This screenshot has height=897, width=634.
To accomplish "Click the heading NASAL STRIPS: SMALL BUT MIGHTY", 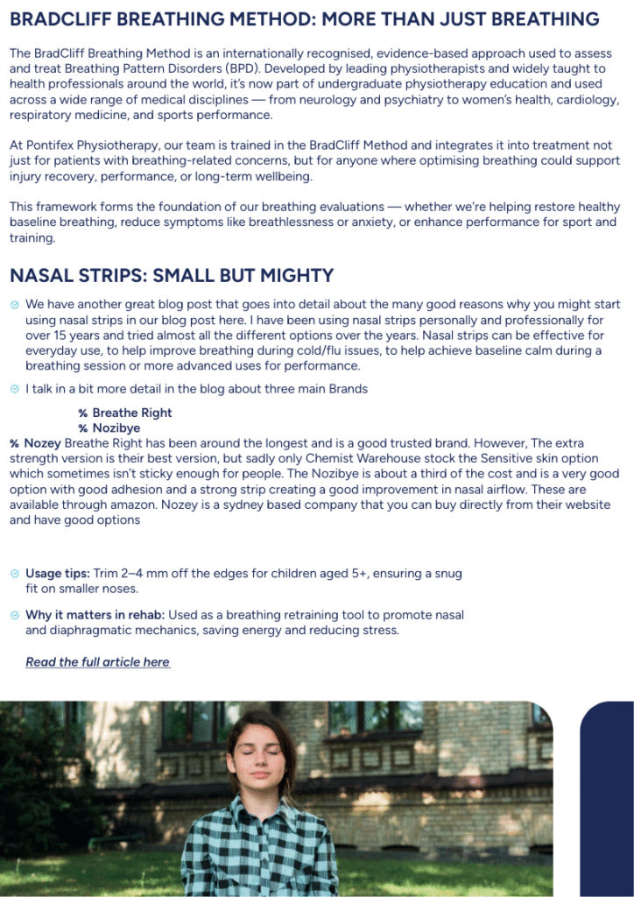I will pyautogui.click(x=172, y=276).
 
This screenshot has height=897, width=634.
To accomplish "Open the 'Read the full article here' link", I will pyautogui.click(x=97, y=662).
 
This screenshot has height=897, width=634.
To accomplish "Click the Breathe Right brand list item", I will pyautogui.click(x=132, y=413).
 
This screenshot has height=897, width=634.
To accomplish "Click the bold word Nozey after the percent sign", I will pyautogui.click(x=43, y=443).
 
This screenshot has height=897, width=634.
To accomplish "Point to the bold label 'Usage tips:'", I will pyautogui.click(x=57, y=574).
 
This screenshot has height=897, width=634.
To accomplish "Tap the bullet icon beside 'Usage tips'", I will pyautogui.click(x=14, y=574).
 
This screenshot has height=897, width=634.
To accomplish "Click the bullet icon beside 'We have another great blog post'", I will pyautogui.click(x=14, y=305).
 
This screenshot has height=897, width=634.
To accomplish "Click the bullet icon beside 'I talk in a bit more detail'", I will pyautogui.click(x=14, y=389).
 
